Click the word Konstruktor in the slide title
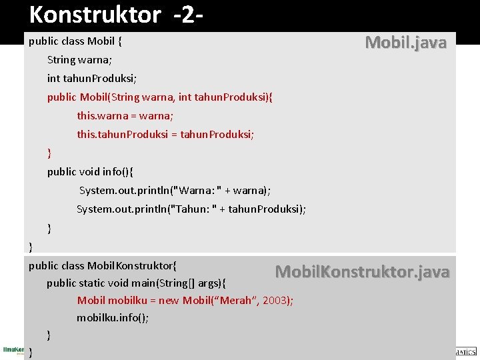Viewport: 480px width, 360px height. (95, 14)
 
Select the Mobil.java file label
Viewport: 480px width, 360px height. (405, 43)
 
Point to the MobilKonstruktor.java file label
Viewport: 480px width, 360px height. (362, 272)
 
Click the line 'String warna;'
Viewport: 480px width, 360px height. (79, 60)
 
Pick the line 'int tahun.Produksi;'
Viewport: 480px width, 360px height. (92, 79)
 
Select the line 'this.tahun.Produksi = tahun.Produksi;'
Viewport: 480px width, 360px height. (165, 135)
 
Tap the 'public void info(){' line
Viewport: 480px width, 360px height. (90, 172)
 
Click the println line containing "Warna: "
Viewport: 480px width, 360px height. (175, 191)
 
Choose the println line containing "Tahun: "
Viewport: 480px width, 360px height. (191, 209)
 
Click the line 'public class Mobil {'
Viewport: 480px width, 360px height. (75, 41)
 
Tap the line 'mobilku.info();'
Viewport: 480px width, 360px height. (113, 318)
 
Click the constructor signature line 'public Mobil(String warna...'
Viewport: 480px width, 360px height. (160, 97)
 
